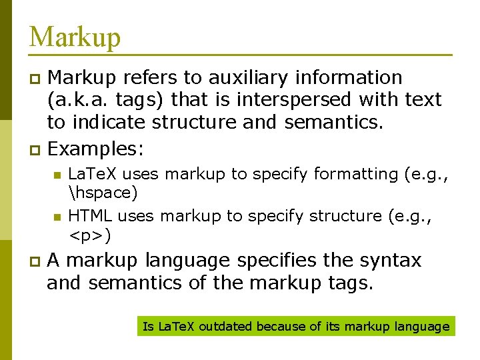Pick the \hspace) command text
pos(103,193)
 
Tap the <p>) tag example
pos(90,235)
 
